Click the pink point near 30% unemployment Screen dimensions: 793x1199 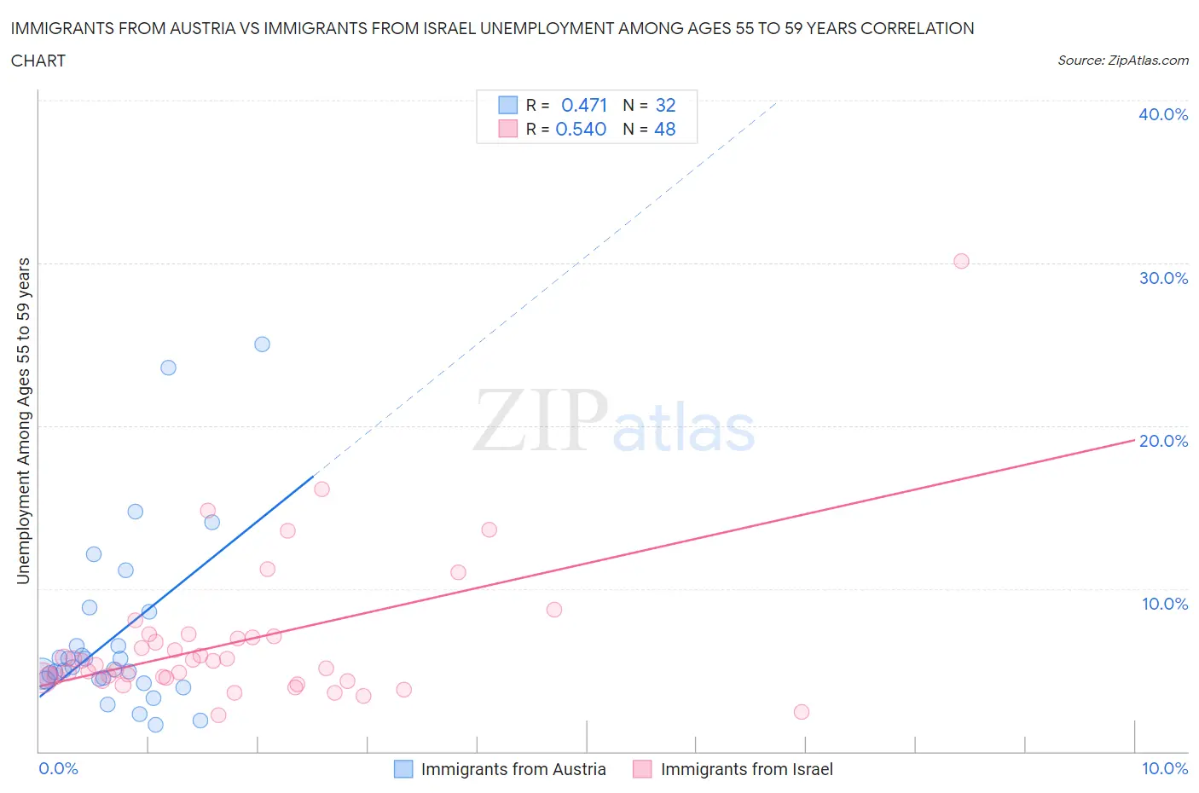point(961,261)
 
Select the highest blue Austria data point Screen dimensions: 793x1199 point(262,344)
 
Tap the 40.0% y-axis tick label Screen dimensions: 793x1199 point(1162,114)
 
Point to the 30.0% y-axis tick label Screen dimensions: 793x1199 point(1162,278)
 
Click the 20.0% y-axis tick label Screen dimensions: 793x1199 point(1162,441)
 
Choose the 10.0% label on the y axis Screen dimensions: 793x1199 point(1164,604)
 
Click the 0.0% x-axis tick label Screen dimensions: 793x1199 point(58,768)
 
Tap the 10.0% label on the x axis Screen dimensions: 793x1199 point(1164,768)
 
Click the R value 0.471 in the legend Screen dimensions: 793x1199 point(584,105)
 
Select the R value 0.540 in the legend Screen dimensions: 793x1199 point(581,129)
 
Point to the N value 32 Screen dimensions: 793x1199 point(665,105)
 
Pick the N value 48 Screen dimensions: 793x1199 point(664,129)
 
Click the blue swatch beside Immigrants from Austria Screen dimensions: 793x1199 point(403,769)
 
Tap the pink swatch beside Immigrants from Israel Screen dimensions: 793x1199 point(642,769)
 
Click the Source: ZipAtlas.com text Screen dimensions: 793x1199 point(1122,60)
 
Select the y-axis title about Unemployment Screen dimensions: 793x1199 point(23,421)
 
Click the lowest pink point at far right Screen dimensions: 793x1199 point(801,712)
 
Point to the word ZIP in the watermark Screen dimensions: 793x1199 point(540,420)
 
